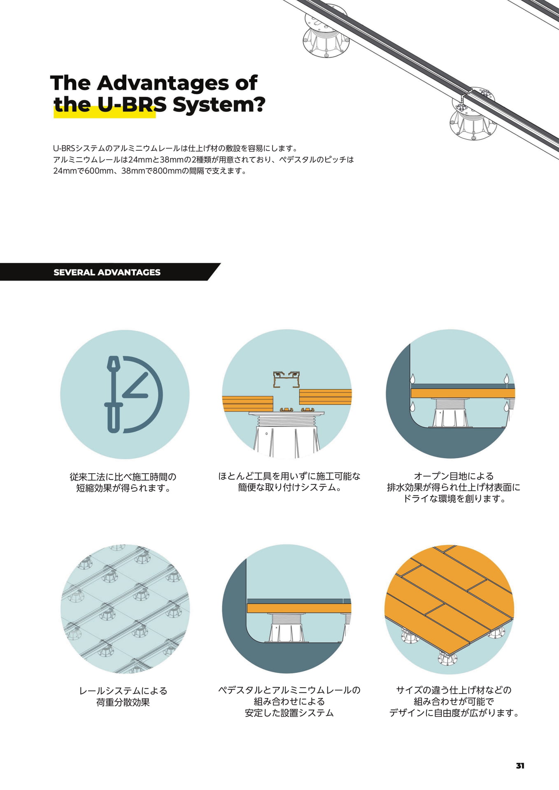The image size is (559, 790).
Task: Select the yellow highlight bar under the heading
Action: [105, 112]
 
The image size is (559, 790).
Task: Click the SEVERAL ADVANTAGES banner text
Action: [107, 272]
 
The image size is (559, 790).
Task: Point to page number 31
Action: [520, 766]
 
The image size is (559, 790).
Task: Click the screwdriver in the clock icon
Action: [113, 394]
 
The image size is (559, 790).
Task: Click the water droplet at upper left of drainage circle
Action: [412, 379]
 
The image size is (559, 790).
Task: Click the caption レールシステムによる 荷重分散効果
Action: [123, 697]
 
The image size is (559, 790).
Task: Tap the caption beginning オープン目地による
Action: [453, 487]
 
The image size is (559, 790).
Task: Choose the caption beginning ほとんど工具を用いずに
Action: [289, 482]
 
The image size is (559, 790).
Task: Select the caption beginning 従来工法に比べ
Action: [123, 482]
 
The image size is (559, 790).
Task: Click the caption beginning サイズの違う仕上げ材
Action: [454, 701]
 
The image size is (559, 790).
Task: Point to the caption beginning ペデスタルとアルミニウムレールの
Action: [289, 701]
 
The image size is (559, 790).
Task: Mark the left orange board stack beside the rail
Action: [248, 404]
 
